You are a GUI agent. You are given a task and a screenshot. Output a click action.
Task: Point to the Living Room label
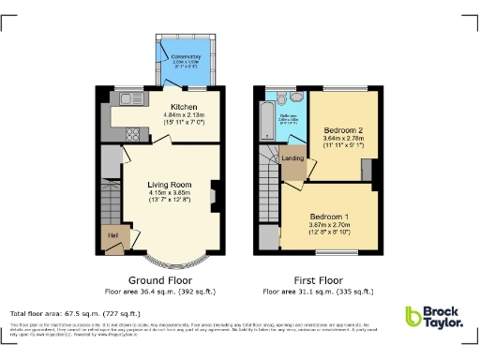[x=169, y=186]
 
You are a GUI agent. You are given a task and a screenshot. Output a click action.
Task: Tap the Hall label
[x=112, y=235]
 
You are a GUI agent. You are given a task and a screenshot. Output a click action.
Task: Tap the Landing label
[x=292, y=158]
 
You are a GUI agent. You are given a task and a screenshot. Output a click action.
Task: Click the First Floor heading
[x=316, y=280]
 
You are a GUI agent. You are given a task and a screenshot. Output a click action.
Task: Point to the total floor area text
[x=75, y=313]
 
